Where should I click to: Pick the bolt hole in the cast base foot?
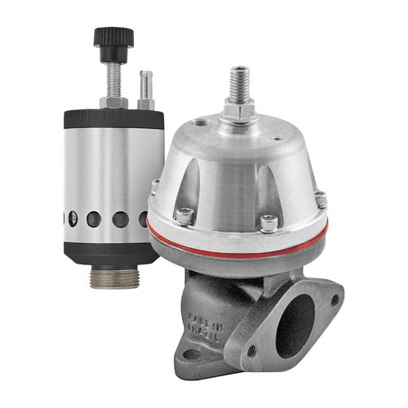(193, 354)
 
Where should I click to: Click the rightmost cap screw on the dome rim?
(320, 198)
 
